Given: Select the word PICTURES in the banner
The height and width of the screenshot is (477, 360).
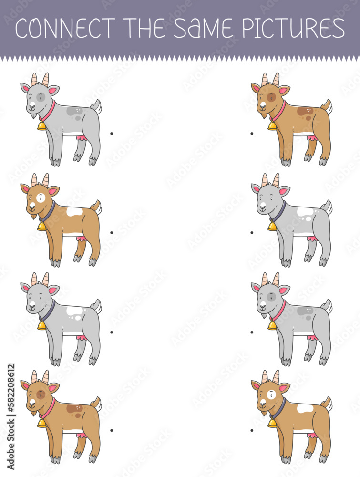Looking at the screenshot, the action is pyautogui.click(x=294, y=28).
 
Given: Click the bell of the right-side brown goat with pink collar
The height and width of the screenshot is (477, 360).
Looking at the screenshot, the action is pyautogui.click(x=272, y=125).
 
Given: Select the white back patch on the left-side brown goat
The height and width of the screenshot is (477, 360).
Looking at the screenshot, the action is pyautogui.click(x=74, y=212).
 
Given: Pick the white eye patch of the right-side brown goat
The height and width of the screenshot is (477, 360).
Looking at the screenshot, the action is pyautogui.click(x=271, y=395).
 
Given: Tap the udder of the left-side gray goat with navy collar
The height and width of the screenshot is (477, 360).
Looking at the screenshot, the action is pyautogui.click(x=81, y=337).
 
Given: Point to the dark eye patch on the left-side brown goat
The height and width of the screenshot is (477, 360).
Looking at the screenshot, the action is pyautogui.click(x=41, y=395).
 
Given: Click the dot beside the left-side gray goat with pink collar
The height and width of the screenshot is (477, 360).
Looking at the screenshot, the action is pyautogui.click(x=112, y=133).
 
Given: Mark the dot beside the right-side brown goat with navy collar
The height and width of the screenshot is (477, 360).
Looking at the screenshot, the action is pyautogui.click(x=252, y=430).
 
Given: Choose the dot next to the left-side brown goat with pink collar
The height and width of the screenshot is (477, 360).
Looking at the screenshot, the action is pyautogui.click(x=112, y=430).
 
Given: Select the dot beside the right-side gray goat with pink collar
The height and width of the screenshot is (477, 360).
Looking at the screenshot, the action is pyautogui.click(x=252, y=332).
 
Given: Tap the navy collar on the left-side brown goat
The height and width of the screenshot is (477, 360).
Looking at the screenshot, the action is pyautogui.click(x=49, y=211).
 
